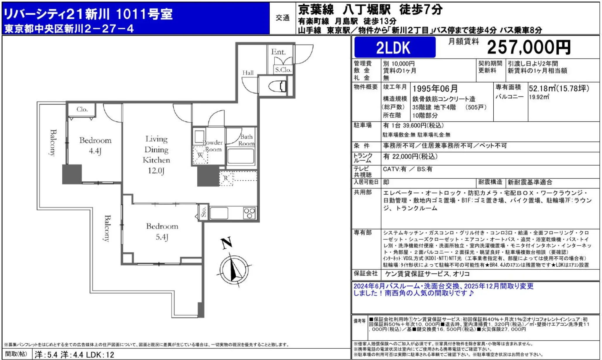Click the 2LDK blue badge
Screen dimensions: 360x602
click(394, 47)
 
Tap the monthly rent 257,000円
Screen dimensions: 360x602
click(529, 47)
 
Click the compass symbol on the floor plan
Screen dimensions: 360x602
click(234, 269)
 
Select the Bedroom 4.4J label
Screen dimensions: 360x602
click(95, 145)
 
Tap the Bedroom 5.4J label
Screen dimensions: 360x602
click(162, 231)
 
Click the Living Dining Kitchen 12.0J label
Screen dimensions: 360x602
click(156, 155)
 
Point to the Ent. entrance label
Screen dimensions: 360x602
click(278, 52)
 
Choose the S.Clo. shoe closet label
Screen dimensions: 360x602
click(283, 70)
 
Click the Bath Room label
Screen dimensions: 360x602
click(246, 140)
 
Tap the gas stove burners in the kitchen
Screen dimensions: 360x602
click(249, 213)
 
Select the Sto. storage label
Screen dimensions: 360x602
click(203, 212)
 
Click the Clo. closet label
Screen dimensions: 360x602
click(82, 109)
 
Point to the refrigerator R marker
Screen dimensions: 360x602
click(226, 178)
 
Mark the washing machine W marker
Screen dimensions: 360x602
click(200, 155)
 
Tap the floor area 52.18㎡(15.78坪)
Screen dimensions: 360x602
click(559, 88)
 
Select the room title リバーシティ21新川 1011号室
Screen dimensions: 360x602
click(88, 14)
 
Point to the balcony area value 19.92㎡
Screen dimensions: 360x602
click(539, 97)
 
